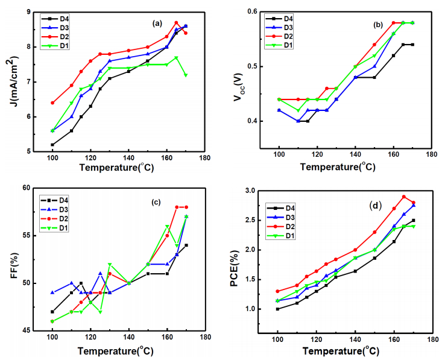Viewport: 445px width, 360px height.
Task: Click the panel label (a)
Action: [x=158, y=24]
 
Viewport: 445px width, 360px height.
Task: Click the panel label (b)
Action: [x=379, y=25]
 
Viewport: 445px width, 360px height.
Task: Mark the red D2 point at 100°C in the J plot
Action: [x=52, y=103]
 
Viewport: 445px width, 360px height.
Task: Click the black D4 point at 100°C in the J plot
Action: [x=52, y=145]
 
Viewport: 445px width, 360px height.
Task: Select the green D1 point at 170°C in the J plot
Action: [x=186, y=75]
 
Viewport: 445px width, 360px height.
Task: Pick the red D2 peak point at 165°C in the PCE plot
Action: [x=404, y=197]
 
